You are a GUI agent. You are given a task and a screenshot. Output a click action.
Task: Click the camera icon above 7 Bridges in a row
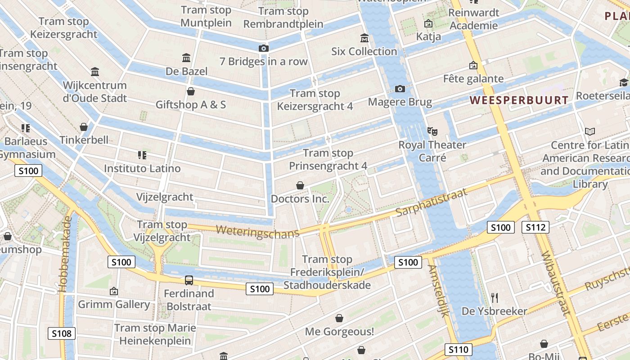264,48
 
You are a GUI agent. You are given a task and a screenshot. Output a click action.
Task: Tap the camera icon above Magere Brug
400,89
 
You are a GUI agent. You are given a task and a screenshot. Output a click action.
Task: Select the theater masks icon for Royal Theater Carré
432,131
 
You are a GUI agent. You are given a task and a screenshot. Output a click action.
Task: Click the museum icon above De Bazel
186,58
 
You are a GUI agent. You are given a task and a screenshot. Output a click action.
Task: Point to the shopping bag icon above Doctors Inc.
300,185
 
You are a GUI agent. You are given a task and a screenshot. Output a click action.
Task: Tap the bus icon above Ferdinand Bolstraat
189,280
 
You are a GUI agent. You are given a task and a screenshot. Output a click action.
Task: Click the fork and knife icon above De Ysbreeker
495,297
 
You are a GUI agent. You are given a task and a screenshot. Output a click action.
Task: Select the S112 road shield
535,227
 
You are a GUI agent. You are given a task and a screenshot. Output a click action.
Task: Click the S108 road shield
62,333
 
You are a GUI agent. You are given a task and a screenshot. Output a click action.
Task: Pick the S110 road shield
459,349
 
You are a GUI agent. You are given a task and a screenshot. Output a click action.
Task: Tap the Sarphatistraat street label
432,202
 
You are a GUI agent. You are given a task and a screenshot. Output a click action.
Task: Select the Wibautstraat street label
556,283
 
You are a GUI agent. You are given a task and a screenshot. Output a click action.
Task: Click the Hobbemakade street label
67,254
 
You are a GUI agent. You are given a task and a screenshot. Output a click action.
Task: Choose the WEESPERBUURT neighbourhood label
519,100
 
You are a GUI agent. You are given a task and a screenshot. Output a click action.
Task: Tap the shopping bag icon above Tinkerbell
84,127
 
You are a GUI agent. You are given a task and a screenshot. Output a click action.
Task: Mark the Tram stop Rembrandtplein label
283,18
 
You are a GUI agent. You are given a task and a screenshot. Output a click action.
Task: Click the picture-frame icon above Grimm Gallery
114,291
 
